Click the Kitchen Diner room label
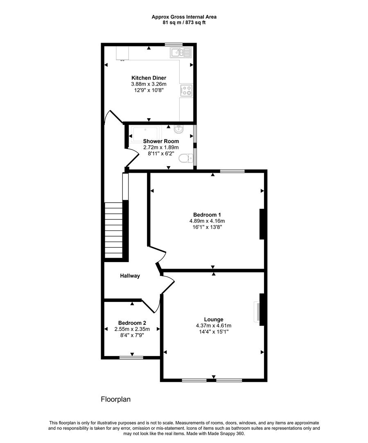[149, 78]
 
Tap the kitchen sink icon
[181, 53]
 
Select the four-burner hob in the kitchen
[186, 90]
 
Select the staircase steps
[113, 230]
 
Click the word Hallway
[130, 276]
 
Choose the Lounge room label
[214, 319]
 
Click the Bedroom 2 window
[131, 358]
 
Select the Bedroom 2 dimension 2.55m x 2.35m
[131, 329]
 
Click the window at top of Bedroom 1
[233, 171]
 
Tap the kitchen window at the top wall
[174, 44]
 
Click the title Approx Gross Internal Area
[184, 17]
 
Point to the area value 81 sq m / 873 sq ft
[184, 23]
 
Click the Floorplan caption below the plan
[115, 399]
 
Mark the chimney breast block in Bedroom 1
[262, 224]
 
